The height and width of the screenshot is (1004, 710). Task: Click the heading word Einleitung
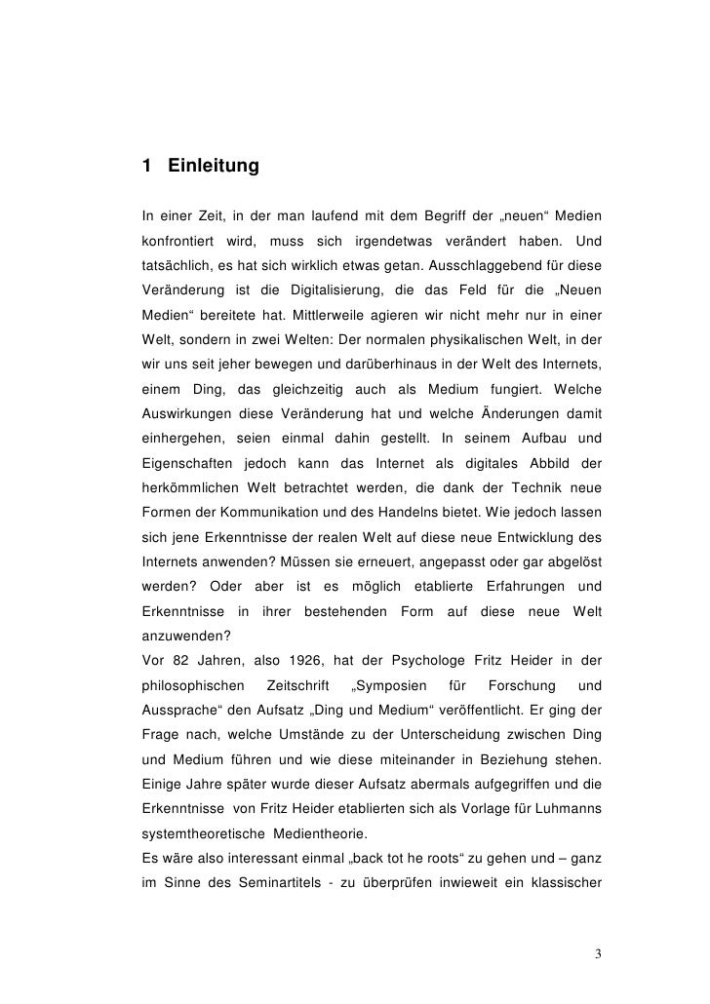(214, 167)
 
